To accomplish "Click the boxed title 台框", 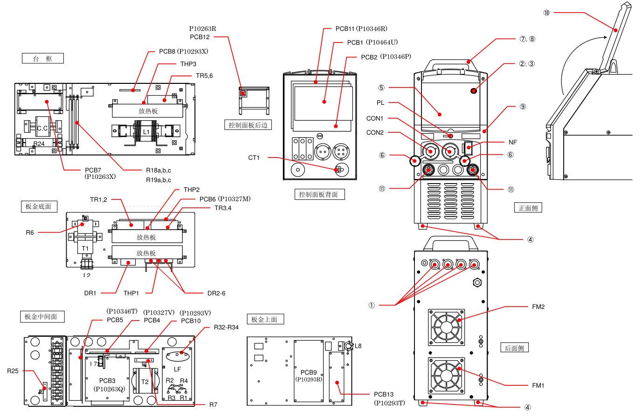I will (x=42, y=58).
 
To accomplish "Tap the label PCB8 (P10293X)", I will (x=183, y=51).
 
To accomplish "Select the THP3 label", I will (x=188, y=64).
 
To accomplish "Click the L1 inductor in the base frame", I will (x=146, y=132).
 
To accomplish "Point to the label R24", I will (x=39, y=144).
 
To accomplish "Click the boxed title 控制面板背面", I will (x=319, y=194).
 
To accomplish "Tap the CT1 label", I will (x=254, y=157).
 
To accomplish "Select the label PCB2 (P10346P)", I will (x=386, y=57).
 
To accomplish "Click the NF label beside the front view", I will (x=513, y=142).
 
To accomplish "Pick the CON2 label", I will (x=375, y=132).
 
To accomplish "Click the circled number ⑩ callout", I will (x=546, y=13).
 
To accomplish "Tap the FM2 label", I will (x=538, y=307).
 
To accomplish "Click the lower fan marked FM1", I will (x=446, y=376).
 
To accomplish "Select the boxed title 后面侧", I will (x=515, y=348).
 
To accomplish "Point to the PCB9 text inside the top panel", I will (x=309, y=372).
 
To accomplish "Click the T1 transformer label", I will (x=85, y=248).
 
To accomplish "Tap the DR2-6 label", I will (x=216, y=293).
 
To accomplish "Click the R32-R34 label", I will (x=226, y=327).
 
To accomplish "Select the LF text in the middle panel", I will (x=178, y=369).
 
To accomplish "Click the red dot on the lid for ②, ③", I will (x=474, y=90).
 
